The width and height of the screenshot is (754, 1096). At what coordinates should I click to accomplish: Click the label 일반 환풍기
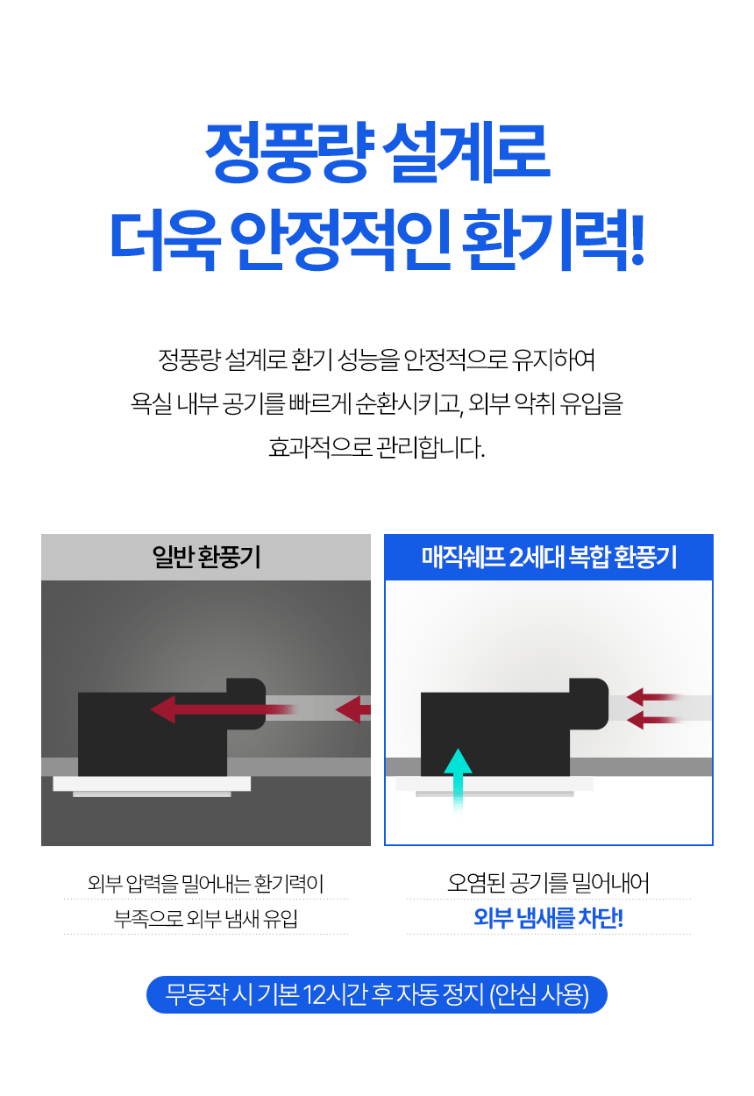click(x=206, y=557)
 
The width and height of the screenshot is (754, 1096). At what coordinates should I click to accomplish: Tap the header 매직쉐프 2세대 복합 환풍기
click(x=549, y=557)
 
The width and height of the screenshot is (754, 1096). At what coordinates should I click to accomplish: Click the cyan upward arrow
click(x=458, y=781)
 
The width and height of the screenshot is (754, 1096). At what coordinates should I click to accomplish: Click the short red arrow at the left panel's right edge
click(x=352, y=709)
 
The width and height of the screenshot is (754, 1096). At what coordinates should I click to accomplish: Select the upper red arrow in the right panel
click(x=654, y=697)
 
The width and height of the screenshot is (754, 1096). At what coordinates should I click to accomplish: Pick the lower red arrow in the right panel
click(x=654, y=720)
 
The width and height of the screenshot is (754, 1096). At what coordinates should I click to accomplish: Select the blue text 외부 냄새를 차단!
click(x=549, y=917)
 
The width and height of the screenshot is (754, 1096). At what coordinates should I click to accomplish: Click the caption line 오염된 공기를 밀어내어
click(x=549, y=883)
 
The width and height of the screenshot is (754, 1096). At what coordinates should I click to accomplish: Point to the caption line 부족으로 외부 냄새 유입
click(x=206, y=918)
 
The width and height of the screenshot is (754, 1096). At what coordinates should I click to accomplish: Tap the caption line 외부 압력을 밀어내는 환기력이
click(x=206, y=883)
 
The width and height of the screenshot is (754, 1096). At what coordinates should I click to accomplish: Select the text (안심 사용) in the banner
click(x=539, y=994)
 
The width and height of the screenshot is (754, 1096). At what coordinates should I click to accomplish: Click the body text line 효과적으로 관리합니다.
click(x=377, y=447)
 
